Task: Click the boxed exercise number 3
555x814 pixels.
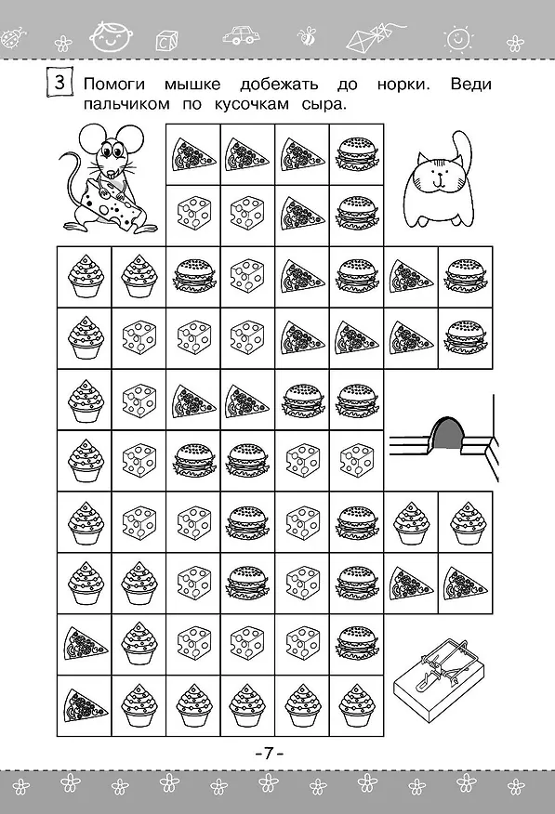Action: pos(59,82)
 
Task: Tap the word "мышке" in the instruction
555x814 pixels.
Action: pos(192,85)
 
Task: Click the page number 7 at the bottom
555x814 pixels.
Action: pos(268,754)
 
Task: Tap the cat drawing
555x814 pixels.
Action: pos(439,183)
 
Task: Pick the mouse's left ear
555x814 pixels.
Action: pos(90,139)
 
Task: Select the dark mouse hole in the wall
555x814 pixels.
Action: pos(447,432)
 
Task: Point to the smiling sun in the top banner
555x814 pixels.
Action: pos(458,38)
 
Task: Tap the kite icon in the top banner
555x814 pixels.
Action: pos(368,37)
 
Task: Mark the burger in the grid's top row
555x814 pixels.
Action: pos(357,153)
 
